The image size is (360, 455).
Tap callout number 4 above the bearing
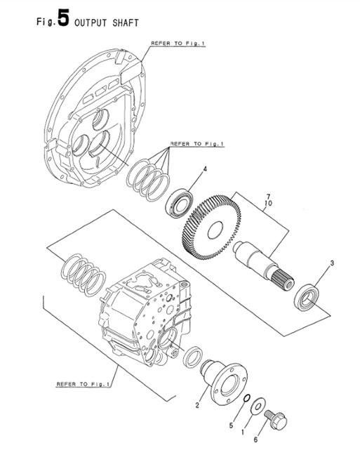coord(205,169)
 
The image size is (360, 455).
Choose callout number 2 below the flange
coord(198,405)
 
